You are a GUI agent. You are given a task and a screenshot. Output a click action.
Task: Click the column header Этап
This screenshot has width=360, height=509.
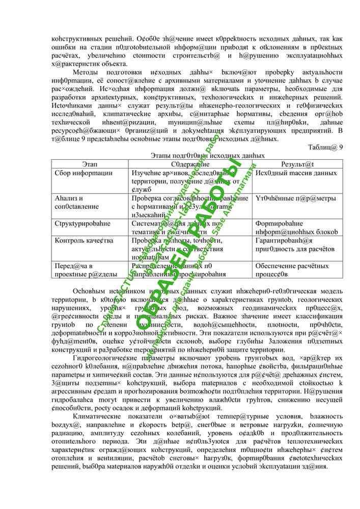(90, 164)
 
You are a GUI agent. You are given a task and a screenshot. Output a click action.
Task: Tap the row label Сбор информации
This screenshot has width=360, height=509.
(84, 173)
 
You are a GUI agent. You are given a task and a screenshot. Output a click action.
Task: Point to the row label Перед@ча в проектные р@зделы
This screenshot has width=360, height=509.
(79, 270)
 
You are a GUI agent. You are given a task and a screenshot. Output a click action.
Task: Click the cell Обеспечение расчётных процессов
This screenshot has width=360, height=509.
(285, 270)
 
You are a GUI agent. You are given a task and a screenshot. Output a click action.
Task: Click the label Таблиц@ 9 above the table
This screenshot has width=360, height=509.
(325, 148)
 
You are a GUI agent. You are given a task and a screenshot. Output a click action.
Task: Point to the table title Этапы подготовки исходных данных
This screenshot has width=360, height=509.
(208, 156)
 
